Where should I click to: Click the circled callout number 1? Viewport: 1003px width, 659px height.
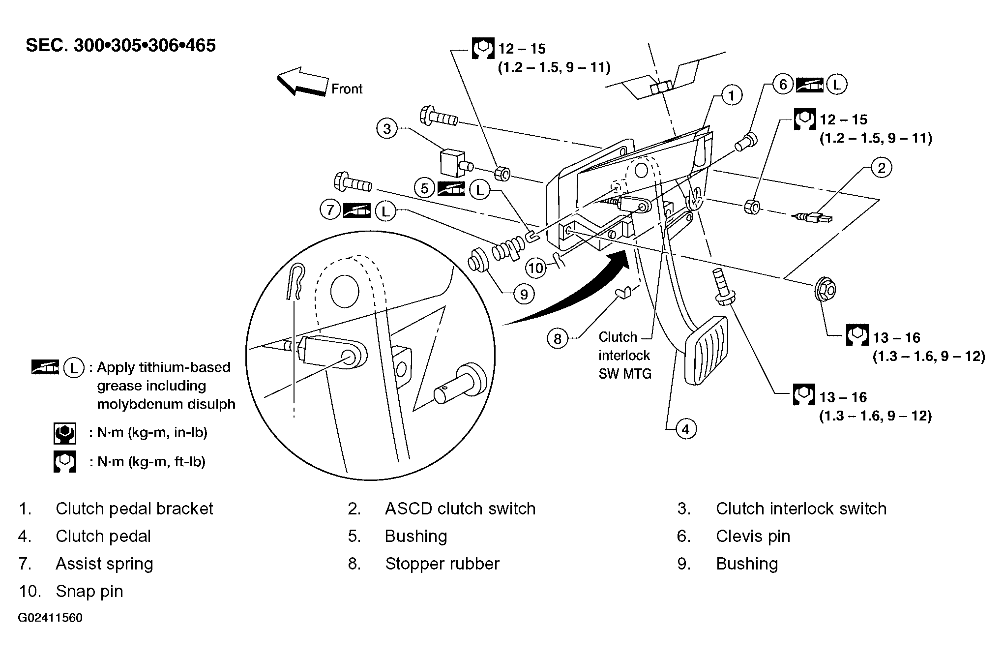point(732,95)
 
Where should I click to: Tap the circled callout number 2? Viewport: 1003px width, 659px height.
point(881,168)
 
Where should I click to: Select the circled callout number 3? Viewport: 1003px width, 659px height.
point(387,129)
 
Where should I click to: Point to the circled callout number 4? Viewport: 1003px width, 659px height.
point(686,429)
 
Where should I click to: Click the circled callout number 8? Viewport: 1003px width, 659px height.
point(558,339)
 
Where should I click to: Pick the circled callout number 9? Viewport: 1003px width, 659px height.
point(524,294)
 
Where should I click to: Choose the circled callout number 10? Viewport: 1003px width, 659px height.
point(536,268)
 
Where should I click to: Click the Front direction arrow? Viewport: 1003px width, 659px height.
point(303,82)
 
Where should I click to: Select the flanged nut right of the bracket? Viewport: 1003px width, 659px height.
point(825,290)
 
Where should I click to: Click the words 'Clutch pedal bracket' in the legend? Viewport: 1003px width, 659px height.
point(134,509)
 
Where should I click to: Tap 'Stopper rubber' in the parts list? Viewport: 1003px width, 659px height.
point(442,564)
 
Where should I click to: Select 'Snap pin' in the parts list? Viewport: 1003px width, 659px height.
point(89,591)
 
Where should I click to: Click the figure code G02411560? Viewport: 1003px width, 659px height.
point(50,618)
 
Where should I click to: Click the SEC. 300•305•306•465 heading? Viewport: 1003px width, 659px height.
point(120,45)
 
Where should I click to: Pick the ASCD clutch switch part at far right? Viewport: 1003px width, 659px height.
point(813,216)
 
